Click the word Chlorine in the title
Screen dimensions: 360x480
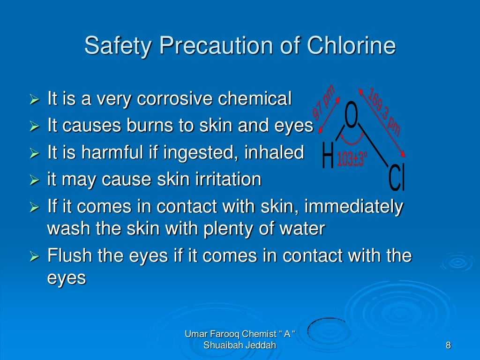(x=351, y=46)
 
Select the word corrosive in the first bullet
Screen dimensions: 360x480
(x=176, y=99)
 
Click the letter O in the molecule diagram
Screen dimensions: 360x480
(x=352, y=116)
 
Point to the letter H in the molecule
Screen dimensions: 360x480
(x=328, y=156)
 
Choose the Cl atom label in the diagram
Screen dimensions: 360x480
(x=397, y=179)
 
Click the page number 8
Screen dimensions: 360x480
(x=448, y=346)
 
